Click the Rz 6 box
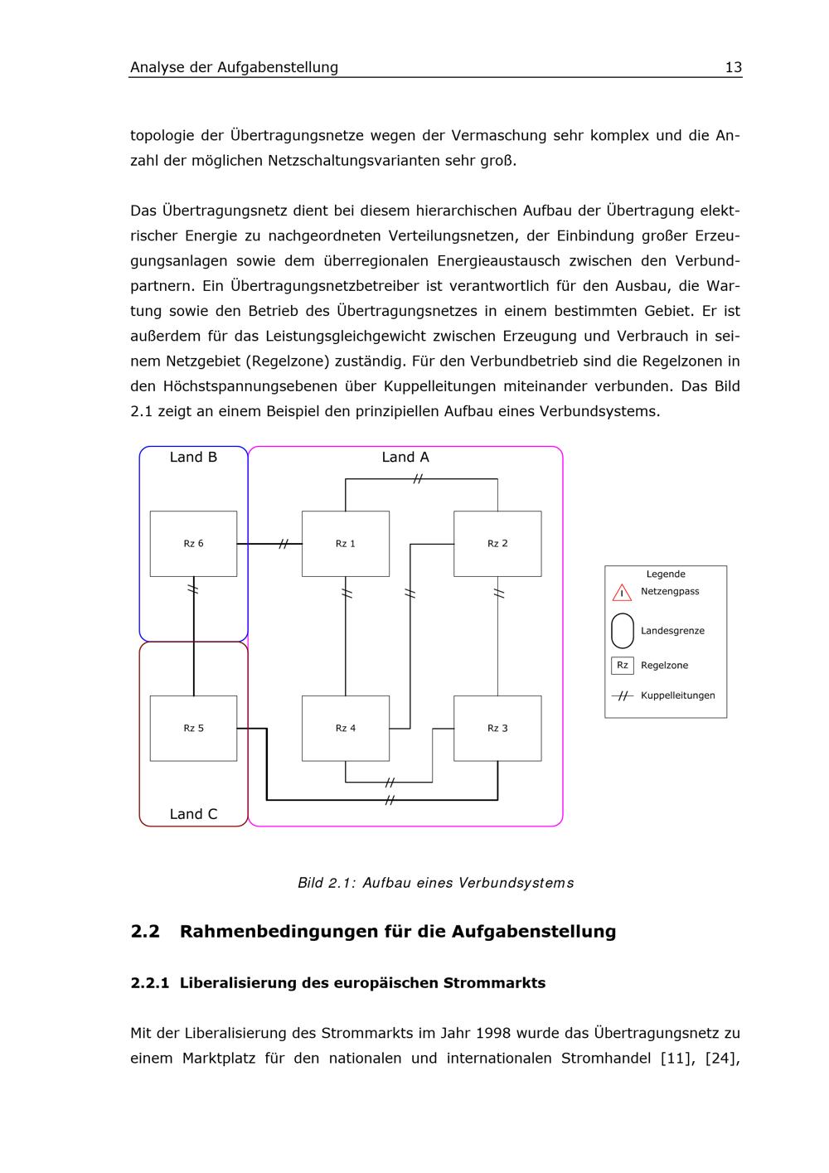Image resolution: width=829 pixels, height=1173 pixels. (193, 544)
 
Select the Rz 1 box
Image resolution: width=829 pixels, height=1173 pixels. (345, 544)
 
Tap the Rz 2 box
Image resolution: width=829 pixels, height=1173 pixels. (497, 544)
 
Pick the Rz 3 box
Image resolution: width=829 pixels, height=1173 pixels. (497, 728)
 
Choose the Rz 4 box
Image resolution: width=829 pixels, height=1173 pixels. (345, 728)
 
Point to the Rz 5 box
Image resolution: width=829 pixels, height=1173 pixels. (193, 728)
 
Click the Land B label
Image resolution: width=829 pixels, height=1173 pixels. (193, 458)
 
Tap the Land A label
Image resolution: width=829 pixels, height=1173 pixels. (405, 458)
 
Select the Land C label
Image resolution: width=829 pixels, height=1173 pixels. (193, 814)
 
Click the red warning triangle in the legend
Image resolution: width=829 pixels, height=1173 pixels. (622, 593)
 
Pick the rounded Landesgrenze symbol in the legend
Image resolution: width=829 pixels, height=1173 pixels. (622, 631)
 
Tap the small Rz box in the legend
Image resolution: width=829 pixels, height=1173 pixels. (622, 666)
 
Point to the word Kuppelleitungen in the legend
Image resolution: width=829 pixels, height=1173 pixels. (677, 696)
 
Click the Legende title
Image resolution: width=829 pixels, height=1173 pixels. (666, 574)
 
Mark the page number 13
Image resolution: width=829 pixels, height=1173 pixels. (733, 68)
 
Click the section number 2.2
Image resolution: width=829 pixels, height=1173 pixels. (145, 932)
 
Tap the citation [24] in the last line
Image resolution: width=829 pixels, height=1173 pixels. (720, 1059)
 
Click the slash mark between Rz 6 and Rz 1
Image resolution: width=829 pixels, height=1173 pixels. (284, 544)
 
